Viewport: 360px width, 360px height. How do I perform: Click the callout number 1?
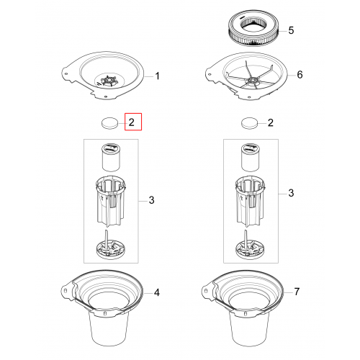pos(157,76)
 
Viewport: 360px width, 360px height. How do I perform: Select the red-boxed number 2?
pos(132,122)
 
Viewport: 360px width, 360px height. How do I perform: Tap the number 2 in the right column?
pos(271,122)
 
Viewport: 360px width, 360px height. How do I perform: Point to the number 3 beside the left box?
pos(151,200)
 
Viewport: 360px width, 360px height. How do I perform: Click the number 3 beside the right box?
pos(291,193)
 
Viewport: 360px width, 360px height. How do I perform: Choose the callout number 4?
pos(157,292)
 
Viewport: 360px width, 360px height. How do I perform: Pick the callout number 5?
pos(291,30)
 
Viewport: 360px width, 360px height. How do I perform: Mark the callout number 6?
pos(300,75)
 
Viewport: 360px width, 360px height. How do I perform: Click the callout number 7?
pos(297,292)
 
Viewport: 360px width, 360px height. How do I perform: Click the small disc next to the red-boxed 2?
pos(109,123)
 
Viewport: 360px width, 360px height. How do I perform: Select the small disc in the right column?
pos(249,123)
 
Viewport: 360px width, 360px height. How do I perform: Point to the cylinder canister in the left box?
pos(111,157)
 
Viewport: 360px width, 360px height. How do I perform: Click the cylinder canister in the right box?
pos(250,157)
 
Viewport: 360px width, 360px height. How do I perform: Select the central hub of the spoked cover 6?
pos(253,80)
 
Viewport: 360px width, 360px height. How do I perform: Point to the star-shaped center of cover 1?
pos(109,81)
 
